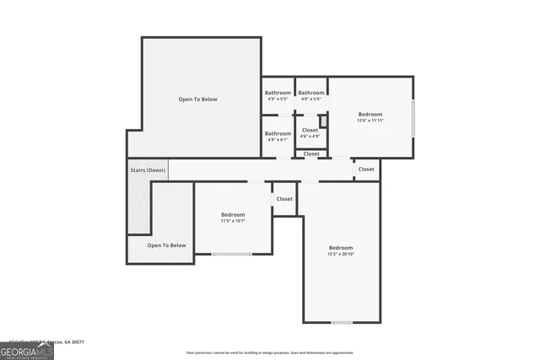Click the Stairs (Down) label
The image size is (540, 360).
148,170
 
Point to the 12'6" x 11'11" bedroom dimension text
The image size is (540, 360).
370,121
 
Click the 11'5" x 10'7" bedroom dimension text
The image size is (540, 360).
233,221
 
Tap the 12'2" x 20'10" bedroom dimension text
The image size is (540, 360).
341,254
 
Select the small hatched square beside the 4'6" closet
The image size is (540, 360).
322,121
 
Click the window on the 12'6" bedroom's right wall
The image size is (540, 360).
413,118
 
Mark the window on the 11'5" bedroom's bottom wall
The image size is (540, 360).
231,254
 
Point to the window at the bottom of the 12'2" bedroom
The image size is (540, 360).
342,322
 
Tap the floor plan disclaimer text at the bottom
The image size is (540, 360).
270,352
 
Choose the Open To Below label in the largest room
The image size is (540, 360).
197,99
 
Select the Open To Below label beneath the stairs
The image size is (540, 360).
166,245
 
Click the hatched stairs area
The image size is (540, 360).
138,207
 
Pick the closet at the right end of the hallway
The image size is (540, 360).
366,169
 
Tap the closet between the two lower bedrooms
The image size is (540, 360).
284,199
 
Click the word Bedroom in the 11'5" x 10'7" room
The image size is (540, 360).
233,214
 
